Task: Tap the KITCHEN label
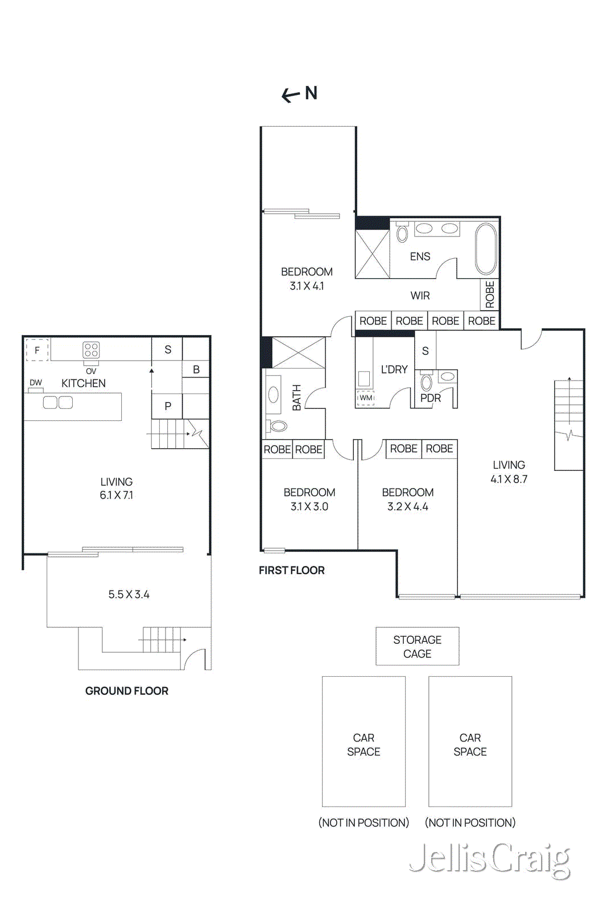pyautogui.click(x=84, y=383)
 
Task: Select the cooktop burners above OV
pyautogui.click(x=91, y=350)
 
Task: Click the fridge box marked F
pyautogui.click(x=38, y=350)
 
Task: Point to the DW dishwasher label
pyautogui.click(x=36, y=383)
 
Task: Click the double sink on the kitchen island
pyautogui.click(x=58, y=403)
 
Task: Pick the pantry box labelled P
pyautogui.click(x=167, y=406)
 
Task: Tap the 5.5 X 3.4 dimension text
pyautogui.click(x=129, y=594)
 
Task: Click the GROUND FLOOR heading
pyautogui.click(x=126, y=691)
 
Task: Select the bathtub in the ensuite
pyautogui.click(x=486, y=249)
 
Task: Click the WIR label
pyautogui.click(x=420, y=296)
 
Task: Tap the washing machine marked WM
pyautogui.click(x=366, y=398)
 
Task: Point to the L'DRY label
pyautogui.click(x=394, y=370)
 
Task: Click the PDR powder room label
pyautogui.click(x=431, y=398)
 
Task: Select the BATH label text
pyautogui.click(x=296, y=398)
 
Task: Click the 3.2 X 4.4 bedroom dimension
pyautogui.click(x=407, y=507)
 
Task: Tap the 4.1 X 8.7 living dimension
pyautogui.click(x=509, y=479)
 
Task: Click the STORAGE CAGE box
pyautogui.click(x=417, y=647)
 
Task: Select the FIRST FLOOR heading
pyautogui.click(x=291, y=570)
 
